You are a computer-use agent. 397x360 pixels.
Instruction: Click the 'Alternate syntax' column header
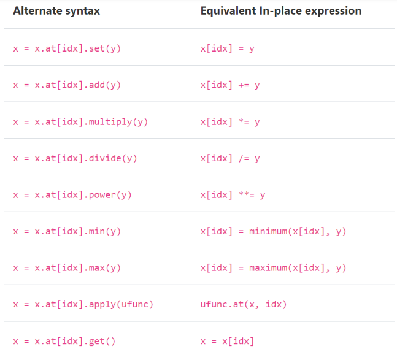56,11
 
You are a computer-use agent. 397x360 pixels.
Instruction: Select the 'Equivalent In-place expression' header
280,11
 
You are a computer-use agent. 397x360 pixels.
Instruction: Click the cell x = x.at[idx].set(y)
67,48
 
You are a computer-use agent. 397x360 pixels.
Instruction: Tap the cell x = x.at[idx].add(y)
67,85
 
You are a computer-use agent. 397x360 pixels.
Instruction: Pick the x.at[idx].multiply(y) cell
80,122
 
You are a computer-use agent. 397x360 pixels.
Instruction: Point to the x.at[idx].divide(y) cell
75,158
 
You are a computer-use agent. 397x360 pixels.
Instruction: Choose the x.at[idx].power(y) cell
72,195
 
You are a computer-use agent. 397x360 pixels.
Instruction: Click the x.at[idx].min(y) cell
67,232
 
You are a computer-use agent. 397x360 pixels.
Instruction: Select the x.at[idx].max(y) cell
67,268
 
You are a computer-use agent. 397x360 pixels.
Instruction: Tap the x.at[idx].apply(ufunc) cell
83,305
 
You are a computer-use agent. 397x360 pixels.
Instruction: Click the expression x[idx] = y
227,48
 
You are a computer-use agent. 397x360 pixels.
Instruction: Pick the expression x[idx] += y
230,85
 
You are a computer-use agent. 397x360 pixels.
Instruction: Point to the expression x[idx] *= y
230,122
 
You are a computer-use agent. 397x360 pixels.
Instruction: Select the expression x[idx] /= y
230,158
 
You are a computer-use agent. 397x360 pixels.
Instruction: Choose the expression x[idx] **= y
233,195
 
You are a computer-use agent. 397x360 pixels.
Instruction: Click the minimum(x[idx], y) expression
273,232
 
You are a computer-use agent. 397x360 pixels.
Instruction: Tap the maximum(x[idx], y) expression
273,268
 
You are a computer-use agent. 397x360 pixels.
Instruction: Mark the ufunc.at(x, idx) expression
244,305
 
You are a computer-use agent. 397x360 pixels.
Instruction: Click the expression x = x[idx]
227,342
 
